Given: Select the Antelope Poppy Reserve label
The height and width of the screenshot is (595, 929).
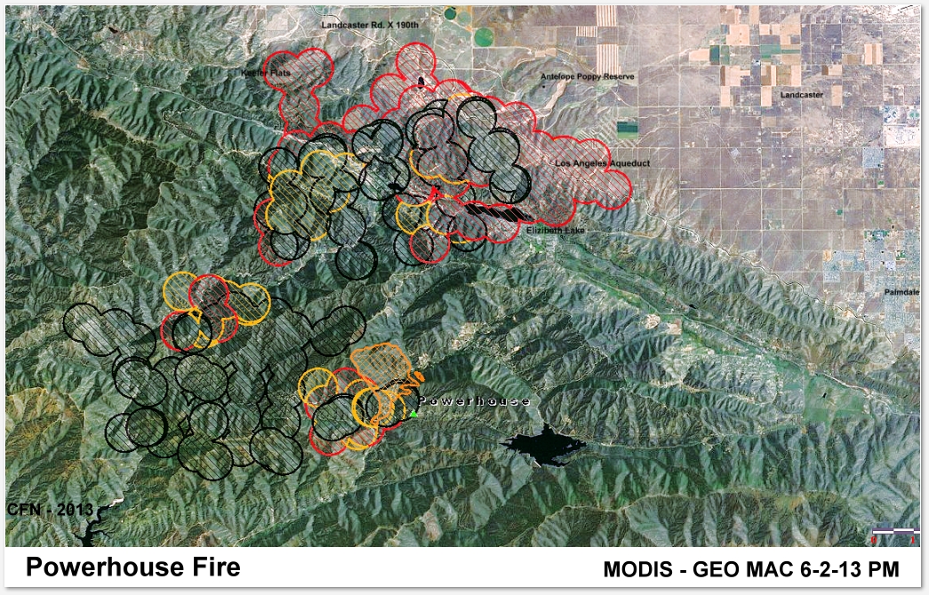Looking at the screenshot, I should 588,78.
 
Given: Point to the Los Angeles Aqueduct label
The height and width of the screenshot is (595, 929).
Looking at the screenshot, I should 603,164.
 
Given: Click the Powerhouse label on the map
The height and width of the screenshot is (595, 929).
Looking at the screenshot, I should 474,401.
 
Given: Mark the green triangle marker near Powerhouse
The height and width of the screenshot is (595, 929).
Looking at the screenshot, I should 414,413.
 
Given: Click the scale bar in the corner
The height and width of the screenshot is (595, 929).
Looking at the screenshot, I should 893,530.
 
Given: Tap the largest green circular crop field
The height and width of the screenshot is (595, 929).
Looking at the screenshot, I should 485,37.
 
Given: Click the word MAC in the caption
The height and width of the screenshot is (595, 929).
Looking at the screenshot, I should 775,568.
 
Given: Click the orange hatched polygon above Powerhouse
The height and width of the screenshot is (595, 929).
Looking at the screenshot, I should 381,362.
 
